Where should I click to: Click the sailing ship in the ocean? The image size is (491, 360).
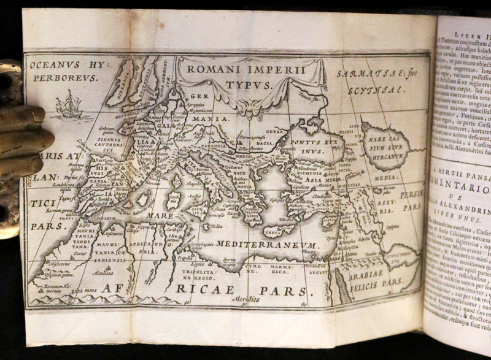pyautogui.click(x=69, y=105)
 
